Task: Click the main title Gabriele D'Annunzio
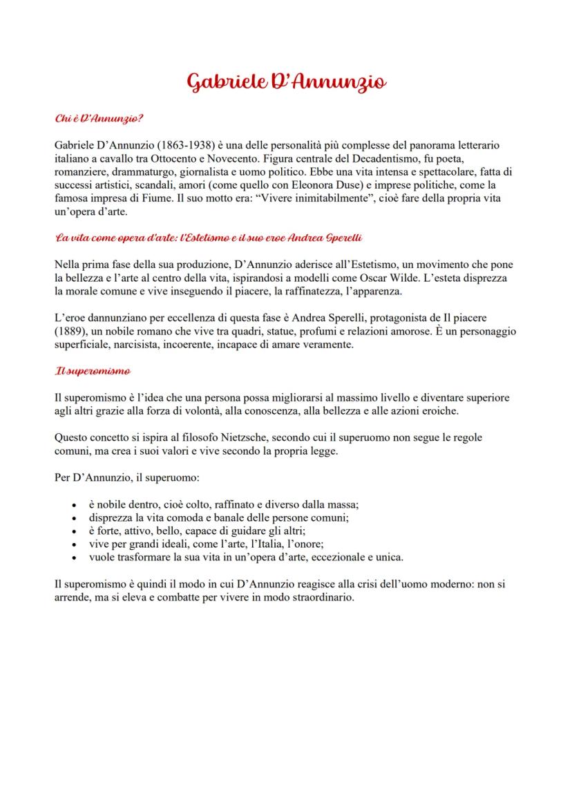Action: point(286,82)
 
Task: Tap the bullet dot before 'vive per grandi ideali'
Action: point(75,544)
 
